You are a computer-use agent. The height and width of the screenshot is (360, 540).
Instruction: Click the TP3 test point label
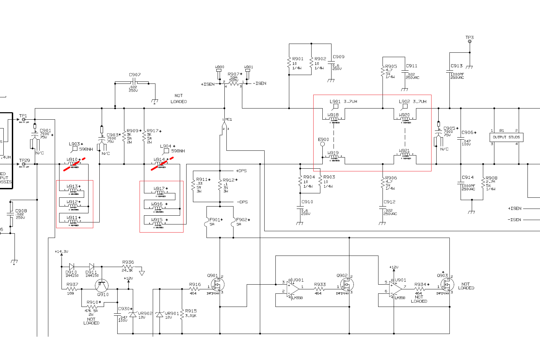(469, 38)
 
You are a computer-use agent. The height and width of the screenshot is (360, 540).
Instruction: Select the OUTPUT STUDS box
(506, 137)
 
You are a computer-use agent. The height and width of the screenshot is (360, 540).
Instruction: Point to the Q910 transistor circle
(102, 286)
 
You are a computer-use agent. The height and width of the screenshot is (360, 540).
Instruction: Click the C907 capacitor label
(134, 75)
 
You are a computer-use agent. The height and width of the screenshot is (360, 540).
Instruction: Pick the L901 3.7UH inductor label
(343, 101)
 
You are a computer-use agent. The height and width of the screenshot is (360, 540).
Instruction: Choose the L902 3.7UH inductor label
(412, 101)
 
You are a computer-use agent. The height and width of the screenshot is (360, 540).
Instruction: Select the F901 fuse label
(215, 220)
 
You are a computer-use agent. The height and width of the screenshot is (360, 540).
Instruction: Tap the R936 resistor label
(128, 262)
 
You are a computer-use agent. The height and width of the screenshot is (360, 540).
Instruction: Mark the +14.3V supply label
(62, 251)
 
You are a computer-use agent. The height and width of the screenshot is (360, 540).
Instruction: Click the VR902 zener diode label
(145, 313)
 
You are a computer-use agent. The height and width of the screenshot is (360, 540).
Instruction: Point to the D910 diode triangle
(71, 267)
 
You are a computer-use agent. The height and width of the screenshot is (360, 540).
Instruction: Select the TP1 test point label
(23, 116)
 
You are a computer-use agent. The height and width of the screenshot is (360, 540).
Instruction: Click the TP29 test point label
(24, 161)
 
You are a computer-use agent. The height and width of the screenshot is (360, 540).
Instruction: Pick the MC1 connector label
(229, 119)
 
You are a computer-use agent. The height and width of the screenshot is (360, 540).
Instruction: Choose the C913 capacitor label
(457, 66)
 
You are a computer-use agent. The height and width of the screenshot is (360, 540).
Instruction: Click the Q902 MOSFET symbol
(346, 285)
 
